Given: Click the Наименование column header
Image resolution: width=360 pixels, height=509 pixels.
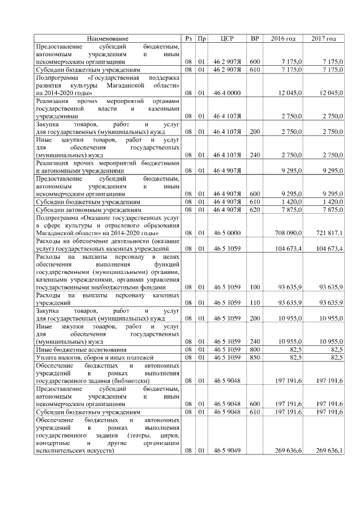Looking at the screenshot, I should click(107, 38).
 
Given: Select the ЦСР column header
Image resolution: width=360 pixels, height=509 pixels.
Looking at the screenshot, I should click(227, 38).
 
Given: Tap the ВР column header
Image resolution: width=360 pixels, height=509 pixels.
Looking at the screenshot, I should click(254, 38).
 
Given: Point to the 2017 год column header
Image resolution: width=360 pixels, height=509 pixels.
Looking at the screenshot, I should click(323, 38).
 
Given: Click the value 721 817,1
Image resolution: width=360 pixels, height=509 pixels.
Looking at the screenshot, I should click(328, 232).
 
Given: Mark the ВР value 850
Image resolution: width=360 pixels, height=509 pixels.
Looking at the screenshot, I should click(254, 357).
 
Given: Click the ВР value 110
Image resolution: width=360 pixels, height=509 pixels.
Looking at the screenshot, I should click(254, 303).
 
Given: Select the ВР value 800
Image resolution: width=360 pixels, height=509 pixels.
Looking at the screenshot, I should click(254, 349).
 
